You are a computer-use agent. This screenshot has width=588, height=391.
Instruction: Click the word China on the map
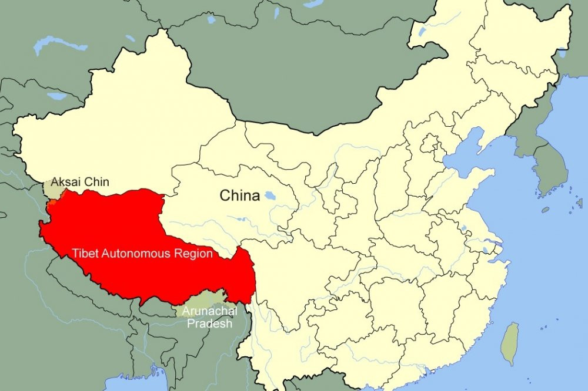239,195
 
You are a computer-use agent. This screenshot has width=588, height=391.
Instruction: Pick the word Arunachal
209,311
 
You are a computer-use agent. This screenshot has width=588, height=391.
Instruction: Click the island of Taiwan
510,343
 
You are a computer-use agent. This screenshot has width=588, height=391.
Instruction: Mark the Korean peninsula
550,164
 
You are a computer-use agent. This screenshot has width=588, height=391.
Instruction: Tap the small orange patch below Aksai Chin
52,203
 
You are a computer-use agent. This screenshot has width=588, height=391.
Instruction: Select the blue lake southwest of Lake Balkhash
57,96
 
